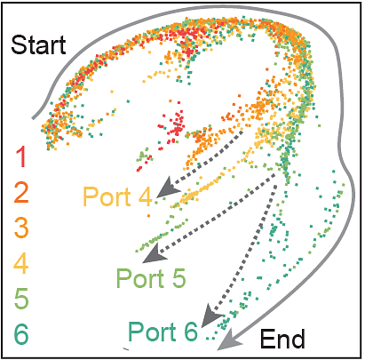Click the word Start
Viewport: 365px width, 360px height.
coord(38,44)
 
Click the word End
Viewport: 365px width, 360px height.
coord(282,339)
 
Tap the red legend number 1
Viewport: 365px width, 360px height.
coord(21,157)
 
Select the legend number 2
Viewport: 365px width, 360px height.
coord(21,193)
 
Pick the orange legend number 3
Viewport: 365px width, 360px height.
coord(21,228)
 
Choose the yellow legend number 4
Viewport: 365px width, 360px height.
coord(21,263)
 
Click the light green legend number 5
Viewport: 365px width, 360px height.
coord(21,299)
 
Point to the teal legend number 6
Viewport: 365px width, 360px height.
coord(21,334)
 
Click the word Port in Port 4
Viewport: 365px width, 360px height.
coord(107,196)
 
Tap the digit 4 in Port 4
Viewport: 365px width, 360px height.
coord(144,196)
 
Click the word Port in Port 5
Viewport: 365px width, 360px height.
coord(140,278)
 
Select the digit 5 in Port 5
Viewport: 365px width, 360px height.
coord(178,278)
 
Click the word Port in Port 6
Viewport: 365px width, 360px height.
coord(152,331)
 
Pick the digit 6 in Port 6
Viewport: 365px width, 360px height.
coord(190,331)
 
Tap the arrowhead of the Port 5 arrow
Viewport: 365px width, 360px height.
coord(155,254)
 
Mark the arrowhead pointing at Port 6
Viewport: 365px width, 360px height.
coord(210,316)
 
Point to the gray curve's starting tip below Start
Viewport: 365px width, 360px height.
coord(33,119)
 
